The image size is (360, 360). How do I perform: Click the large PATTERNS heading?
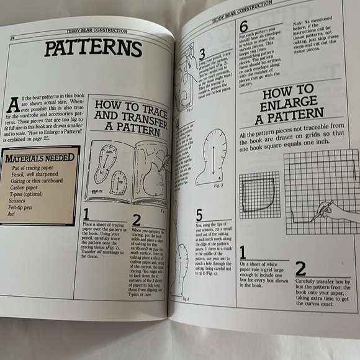pos(94,48)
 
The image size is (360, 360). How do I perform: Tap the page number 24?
pos(12,38)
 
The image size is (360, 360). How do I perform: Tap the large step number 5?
pos(199,215)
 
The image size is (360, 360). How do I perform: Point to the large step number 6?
pos(243,27)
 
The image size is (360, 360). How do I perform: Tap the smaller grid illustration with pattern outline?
pos(260,196)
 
